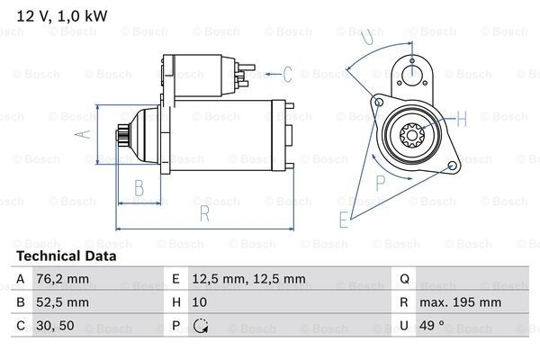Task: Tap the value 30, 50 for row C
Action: point(54,325)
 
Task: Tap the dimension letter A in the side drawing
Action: point(77,135)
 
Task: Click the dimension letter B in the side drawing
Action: point(139,188)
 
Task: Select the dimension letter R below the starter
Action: point(204,213)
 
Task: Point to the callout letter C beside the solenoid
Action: point(287,74)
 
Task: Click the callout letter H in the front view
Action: point(461,119)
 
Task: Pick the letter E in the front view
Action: point(343,219)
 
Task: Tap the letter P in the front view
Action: point(381,181)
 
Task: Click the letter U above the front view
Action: point(364,39)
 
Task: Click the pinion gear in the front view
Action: point(412,137)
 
